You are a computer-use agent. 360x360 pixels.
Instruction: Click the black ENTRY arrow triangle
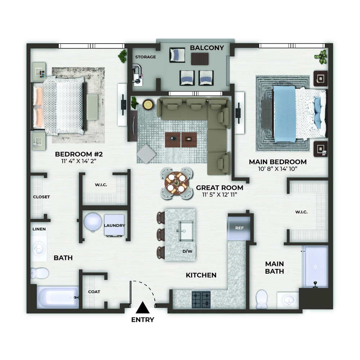click(x=143, y=308)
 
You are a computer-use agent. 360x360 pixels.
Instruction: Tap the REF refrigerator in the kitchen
click(x=239, y=228)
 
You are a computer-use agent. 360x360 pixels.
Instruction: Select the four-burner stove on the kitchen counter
click(x=201, y=299)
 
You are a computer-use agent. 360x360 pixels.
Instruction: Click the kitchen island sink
click(x=186, y=231)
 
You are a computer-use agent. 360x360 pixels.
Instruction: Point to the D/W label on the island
click(x=187, y=251)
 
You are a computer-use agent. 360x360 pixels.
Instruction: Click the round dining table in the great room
click(x=176, y=183)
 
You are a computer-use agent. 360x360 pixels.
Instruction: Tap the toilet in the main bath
click(x=261, y=299)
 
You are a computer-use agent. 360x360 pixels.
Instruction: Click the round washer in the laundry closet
click(x=93, y=222)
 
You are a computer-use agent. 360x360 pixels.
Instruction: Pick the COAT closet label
click(x=94, y=292)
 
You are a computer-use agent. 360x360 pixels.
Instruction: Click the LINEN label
click(x=39, y=229)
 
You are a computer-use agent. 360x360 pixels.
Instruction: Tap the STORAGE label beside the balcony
click(x=145, y=57)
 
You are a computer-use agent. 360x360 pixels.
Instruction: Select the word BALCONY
click(x=207, y=48)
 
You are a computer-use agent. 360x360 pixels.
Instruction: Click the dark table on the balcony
click(x=200, y=59)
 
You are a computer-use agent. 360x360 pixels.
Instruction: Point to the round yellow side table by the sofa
click(x=148, y=105)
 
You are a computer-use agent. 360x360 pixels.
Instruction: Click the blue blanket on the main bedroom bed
click(x=284, y=114)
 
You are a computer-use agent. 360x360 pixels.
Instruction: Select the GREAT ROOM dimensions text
click(x=220, y=195)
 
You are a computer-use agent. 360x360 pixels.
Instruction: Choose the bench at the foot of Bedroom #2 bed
click(x=92, y=107)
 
